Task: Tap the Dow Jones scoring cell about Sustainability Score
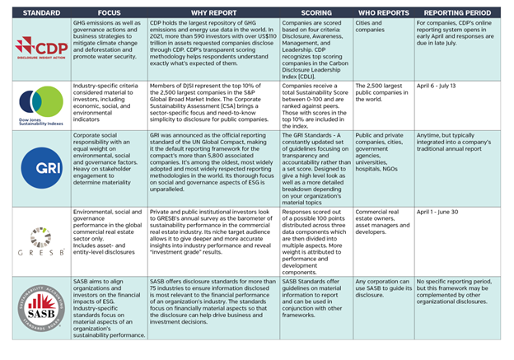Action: coord(314,102)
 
